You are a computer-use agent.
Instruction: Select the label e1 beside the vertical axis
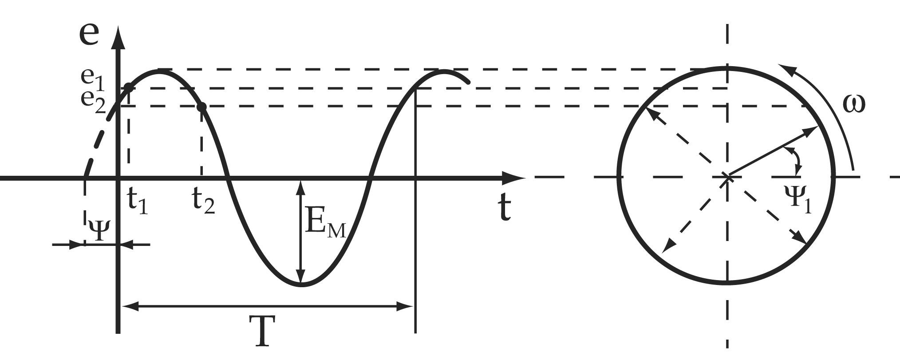(92, 78)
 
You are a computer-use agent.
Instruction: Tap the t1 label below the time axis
(138, 201)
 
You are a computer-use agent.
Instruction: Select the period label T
(265, 331)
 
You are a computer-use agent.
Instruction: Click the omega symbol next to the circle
(853, 105)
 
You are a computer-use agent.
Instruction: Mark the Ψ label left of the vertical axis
(99, 229)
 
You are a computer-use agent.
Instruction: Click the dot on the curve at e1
(128, 87)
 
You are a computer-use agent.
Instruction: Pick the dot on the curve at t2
(201, 107)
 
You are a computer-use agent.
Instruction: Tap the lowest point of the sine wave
(301, 285)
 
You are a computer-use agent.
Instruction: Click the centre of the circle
(727, 177)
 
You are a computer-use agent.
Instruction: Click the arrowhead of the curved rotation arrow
(786, 68)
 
